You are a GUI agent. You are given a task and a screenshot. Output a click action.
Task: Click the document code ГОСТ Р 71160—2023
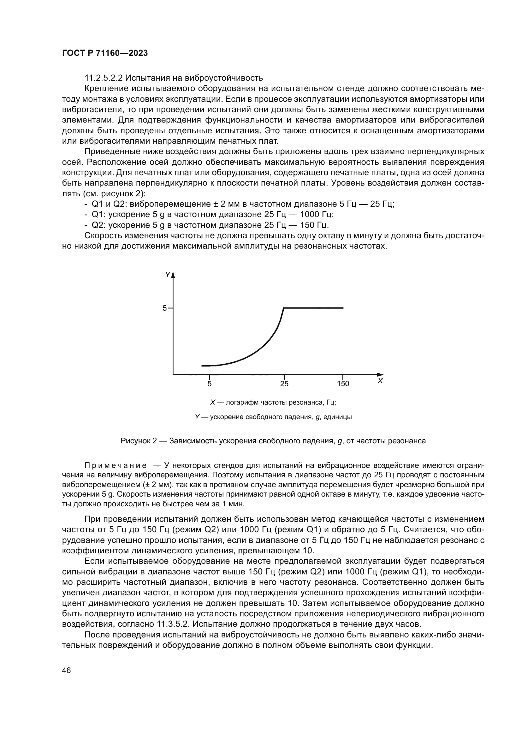105,53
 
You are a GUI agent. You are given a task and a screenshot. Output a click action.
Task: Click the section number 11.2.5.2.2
104,78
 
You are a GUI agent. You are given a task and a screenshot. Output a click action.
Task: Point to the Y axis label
168,275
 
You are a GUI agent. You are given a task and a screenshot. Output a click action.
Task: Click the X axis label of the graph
380,381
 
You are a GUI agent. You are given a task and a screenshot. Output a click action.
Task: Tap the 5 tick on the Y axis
164,308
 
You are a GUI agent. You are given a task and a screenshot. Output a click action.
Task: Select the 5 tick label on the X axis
209,383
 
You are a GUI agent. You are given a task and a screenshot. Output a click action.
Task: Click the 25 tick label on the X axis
284,383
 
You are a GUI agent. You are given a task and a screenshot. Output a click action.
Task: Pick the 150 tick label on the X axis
343,383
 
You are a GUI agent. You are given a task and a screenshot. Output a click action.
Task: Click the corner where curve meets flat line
283,308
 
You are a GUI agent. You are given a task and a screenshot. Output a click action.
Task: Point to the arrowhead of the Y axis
173,274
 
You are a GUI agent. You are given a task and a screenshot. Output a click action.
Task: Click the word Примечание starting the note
116,465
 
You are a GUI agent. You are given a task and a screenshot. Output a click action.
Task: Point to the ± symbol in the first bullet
208,204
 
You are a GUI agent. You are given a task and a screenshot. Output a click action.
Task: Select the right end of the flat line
343,308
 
